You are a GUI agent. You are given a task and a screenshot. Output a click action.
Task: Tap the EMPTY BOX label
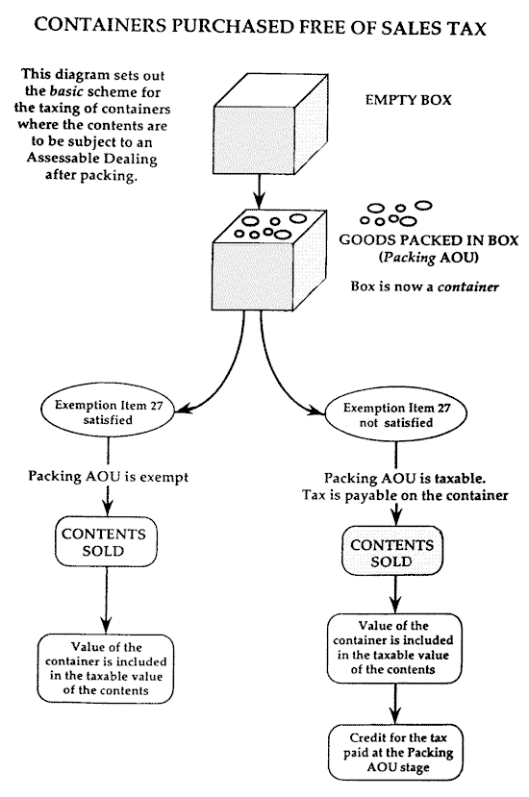pos(408,100)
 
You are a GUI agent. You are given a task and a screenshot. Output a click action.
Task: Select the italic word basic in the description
pos(66,91)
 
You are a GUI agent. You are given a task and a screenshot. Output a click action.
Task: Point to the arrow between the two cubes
pos(260,190)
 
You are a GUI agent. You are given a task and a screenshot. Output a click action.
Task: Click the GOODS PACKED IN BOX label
pos(428,240)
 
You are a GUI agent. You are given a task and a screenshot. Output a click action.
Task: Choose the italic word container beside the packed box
pos(468,287)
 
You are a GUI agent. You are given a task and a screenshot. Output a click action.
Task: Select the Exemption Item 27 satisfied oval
pos(109,412)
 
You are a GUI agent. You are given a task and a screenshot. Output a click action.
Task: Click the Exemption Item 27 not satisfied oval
pos(396,414)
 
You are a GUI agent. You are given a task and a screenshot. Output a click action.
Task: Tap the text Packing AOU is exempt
pos(108,477)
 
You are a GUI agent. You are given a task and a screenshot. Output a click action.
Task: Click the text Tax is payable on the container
pos(405,495)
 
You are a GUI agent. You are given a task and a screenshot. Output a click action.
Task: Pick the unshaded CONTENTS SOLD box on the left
pos(106,542)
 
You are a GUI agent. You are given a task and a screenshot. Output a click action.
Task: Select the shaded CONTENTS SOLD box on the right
pos(392,553)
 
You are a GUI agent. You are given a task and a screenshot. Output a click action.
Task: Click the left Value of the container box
pos(106,669)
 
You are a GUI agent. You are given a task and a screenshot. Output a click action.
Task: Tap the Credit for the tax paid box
pos(395,752)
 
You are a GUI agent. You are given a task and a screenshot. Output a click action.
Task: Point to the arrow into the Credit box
pos(395,704)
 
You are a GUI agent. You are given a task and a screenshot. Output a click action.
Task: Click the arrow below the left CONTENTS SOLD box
pos(106,600)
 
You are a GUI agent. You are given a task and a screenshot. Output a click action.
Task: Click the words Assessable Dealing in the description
pos(91,159)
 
